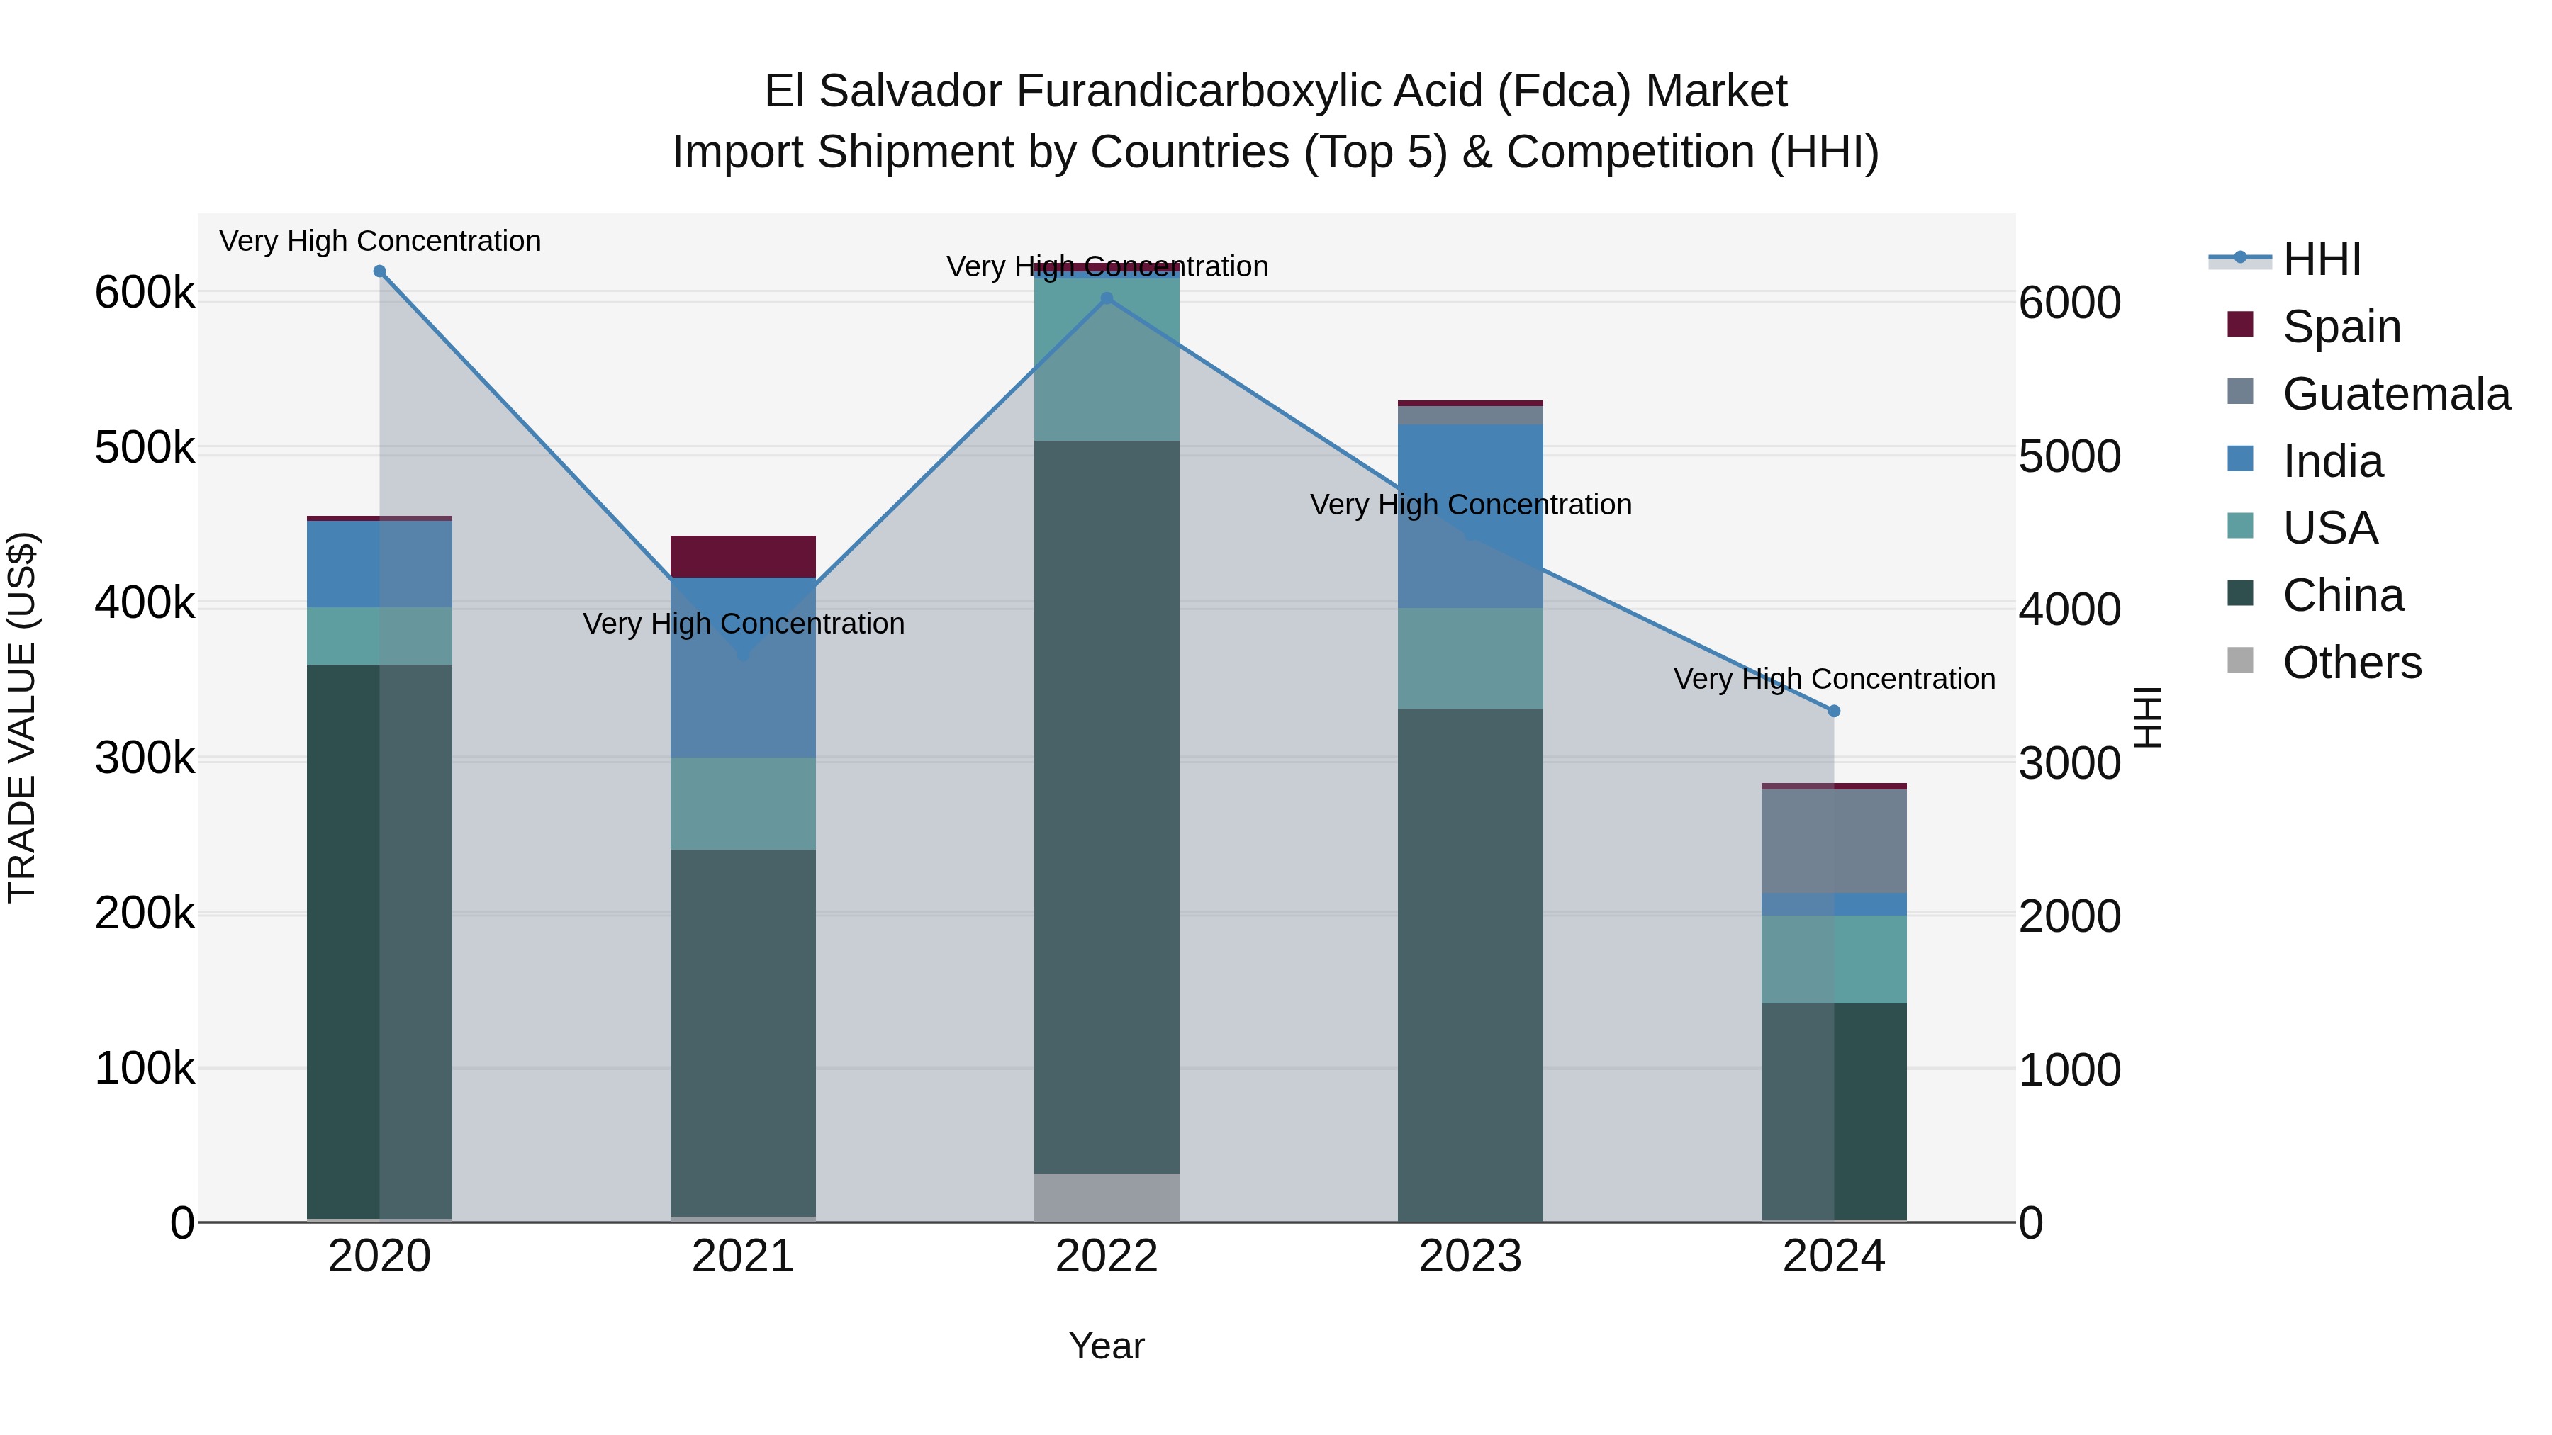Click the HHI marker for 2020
point(379,271)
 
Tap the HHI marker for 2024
point(1834,711)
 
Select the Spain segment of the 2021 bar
point(743,556)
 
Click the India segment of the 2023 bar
point(1470,515)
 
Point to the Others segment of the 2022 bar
point(1107,1198)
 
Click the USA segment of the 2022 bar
point(1107,359)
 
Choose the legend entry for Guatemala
point(2395,394)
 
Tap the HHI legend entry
point(2321,259)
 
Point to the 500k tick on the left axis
point(145,448)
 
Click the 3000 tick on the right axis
point(2069,762)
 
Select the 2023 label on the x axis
point(1470,1256)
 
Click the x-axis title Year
point(1107,1346)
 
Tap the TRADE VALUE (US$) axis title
point(22,717)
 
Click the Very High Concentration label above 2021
point(743,624)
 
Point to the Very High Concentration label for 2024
point(1834,680)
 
